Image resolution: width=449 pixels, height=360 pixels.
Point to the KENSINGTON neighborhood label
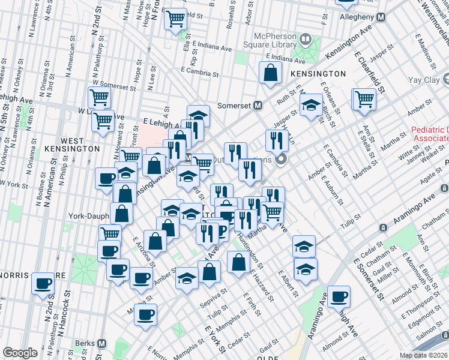318,73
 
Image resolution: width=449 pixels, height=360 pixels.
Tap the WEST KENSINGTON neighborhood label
72,144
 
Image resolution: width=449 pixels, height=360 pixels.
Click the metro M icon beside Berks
101,344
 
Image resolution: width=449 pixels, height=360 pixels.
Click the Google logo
20,353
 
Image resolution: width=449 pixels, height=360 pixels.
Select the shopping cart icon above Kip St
175,20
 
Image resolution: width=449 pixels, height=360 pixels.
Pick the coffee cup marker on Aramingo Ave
339,296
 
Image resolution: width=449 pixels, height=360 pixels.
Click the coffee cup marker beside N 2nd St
43,283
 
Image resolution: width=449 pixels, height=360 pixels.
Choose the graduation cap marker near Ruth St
310,106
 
